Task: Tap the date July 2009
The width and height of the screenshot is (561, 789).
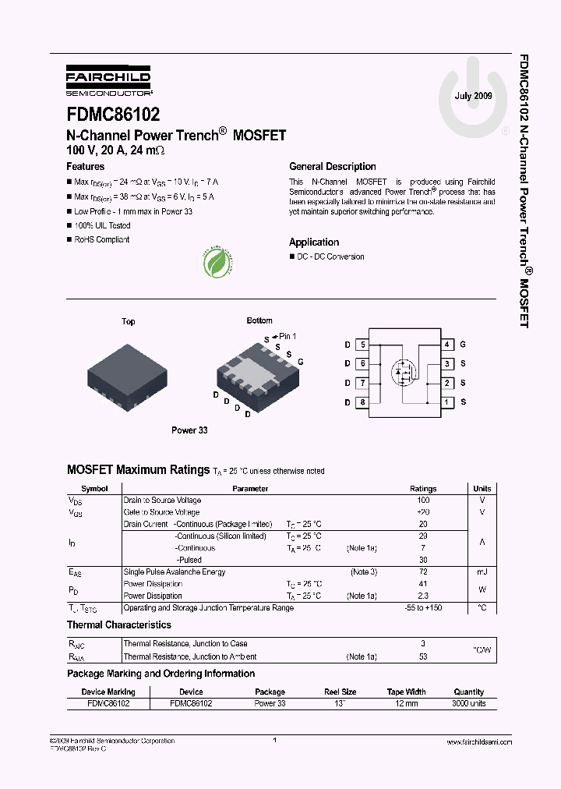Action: click(473, 96)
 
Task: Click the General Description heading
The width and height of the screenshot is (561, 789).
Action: click(332, 166)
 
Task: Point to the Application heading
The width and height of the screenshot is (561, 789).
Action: click(314, 242)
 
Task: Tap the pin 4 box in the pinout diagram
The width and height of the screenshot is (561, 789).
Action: click(447, 344)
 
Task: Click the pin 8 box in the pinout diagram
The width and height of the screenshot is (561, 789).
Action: click(362, 402)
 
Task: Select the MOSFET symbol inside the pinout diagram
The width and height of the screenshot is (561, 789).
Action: click(404, 371)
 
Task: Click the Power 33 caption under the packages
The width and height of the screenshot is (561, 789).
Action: click(189, 430)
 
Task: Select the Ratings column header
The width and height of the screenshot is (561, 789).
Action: click(423, 489)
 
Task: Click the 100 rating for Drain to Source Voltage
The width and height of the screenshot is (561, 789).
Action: click(423, 501)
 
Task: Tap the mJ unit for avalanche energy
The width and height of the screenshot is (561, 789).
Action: click(482, 572)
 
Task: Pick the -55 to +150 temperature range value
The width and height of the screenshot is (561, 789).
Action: click(423, 608)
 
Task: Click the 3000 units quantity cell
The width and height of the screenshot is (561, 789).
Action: click(468, 703)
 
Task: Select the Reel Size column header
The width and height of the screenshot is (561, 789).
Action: click(340, 692)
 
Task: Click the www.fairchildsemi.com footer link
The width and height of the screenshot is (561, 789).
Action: click(477, 742)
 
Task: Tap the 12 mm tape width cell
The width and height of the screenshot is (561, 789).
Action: click(406, 703)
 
